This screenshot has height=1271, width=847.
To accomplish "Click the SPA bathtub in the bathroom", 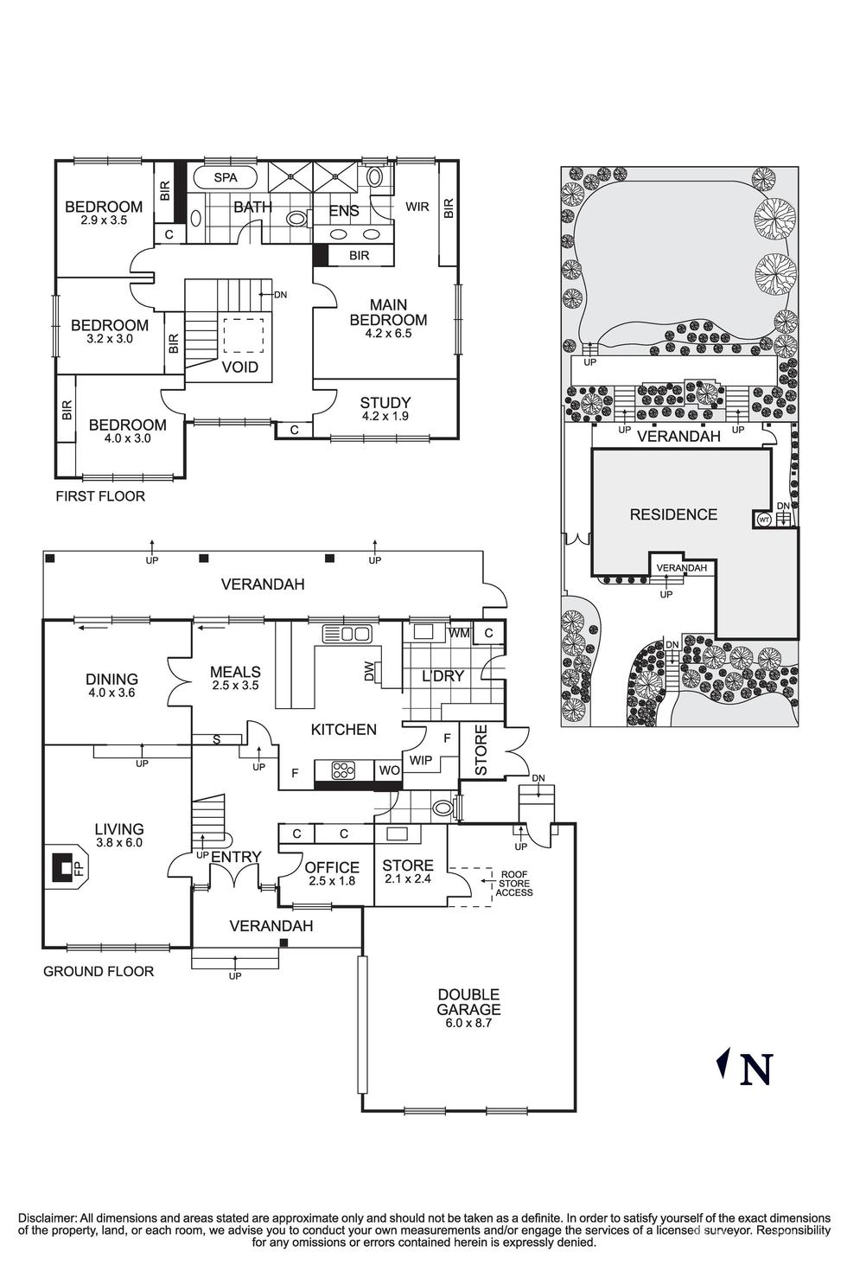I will coord(225,178).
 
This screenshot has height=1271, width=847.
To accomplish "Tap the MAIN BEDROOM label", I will coord(388,312).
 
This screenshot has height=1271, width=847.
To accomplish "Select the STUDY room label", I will coord(385,403).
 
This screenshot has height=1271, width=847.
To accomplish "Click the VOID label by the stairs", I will coord(239,367).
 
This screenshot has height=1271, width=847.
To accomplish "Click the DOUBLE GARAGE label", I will coord(468,1002).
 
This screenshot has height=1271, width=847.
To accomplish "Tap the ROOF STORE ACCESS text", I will coord(514,884).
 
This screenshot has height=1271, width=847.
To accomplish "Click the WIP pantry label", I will coord(421,760).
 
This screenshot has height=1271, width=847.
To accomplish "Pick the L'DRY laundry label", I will coord(443,676).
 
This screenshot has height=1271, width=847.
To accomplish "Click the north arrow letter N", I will coord(756,1070).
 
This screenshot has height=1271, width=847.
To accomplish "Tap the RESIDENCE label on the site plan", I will coord(673,514).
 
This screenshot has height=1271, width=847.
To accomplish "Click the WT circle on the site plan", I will coord(763,520).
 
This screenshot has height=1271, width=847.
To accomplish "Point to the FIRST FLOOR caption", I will coord(100,496).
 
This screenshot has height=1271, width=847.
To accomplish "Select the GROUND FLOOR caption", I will coord(99,971).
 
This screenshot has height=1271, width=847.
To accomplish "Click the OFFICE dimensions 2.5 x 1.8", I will coord(332,881).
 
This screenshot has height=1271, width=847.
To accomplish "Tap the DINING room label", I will coord(112,679).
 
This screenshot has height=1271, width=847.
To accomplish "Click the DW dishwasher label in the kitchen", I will coord(370,672).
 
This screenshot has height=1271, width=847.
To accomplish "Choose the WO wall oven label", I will coord(389,770).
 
